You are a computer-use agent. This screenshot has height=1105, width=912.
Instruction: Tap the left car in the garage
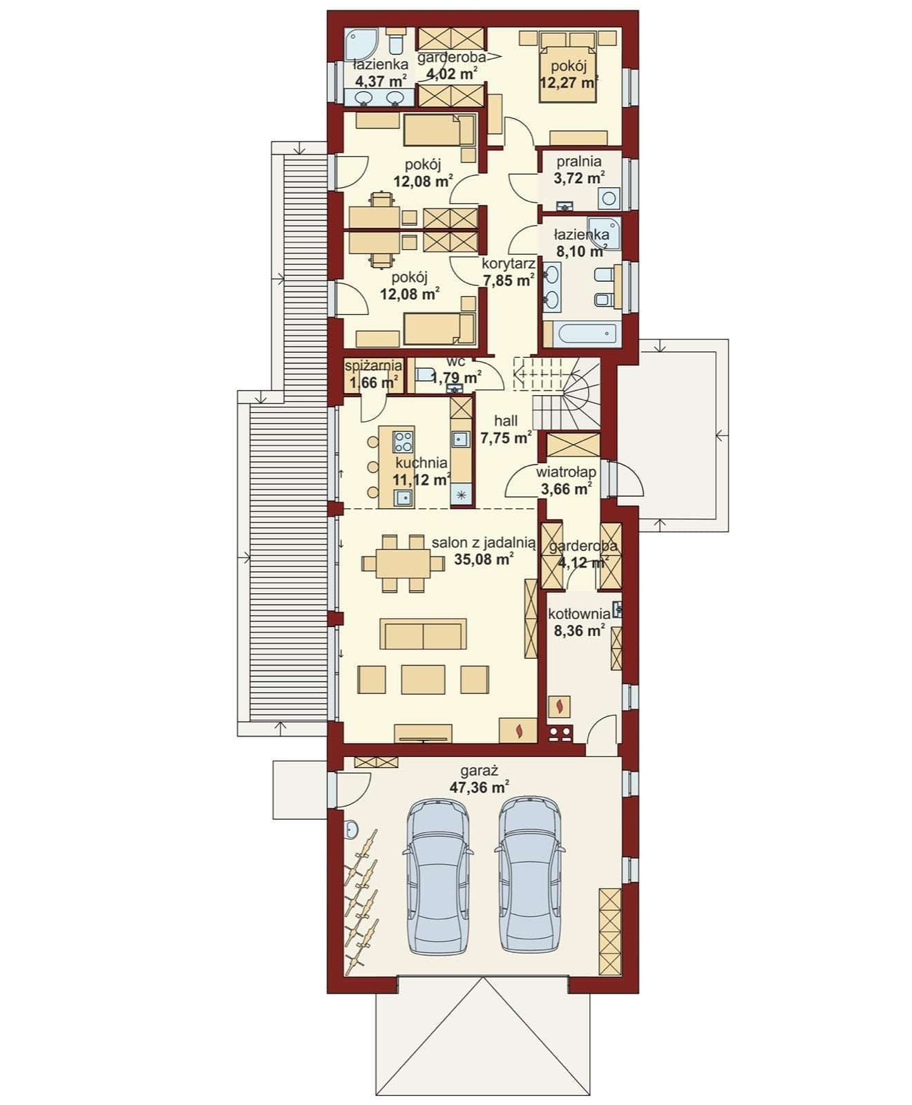[x=439, y=876]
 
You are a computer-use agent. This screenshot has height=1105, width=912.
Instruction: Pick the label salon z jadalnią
[x=484, y=543]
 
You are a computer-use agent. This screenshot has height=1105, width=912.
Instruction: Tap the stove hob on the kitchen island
[x=403, y=441]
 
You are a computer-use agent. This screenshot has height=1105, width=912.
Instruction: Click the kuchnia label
[x=421, y=463]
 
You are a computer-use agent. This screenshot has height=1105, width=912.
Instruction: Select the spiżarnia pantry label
[x=373, y=365]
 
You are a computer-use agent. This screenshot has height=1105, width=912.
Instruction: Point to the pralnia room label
[x=578, y=162]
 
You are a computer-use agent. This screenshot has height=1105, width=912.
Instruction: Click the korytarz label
[x=509, y=264]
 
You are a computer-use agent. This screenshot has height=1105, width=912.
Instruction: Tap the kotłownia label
[x=579, y=613]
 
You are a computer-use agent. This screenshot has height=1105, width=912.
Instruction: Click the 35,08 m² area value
[x=484, y=559]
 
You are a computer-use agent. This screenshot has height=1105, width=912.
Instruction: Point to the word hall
[x=506, y=421]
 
